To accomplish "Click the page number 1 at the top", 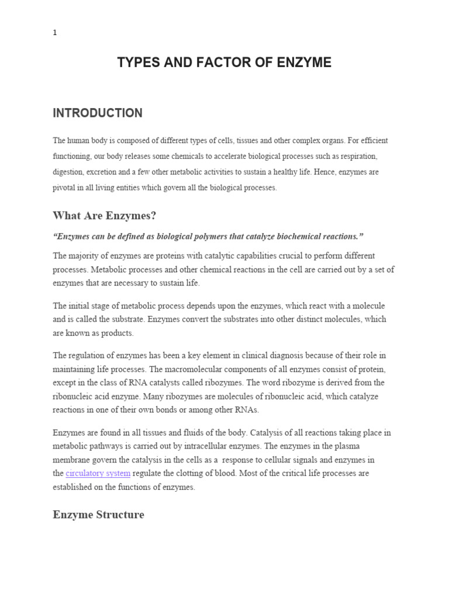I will tap(55, 33).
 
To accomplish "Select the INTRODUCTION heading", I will tap(98, 113).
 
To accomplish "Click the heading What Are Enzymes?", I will tap(105, 216).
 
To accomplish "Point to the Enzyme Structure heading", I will tap(98, 515).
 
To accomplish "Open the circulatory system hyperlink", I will tap(98, 474).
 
